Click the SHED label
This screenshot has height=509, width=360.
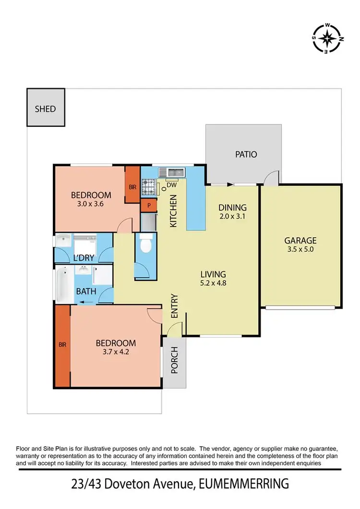[x=45, y=109]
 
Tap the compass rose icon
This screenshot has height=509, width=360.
[x=327, y=37]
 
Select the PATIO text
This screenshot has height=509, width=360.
[x=246, y=155]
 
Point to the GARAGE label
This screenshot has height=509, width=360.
[x=300, y=241]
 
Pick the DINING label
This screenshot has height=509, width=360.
[x=232, y=208]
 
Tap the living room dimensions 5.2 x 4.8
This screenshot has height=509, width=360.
[x=213, y=283]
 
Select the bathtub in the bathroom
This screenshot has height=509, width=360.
[x=61, y=285]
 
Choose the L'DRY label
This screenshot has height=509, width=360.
[x=84, y=258]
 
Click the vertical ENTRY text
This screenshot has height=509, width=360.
[x=174, y=306]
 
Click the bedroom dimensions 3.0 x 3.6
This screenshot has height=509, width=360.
[x=91, y=204]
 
